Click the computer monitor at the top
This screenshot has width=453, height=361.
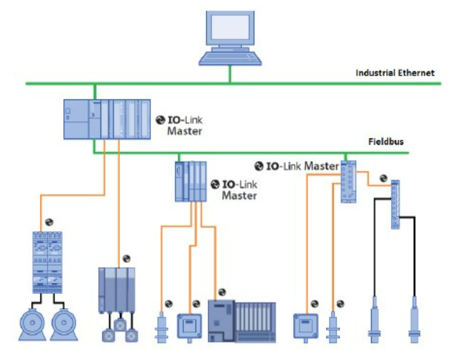[x=230, y=30]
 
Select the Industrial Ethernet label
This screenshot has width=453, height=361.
[x=395, y=73]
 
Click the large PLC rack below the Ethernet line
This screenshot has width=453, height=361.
[x=107, y=119]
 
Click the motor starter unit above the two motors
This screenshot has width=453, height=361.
[x=47, y=262]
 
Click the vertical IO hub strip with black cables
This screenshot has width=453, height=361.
[x=394, y=204]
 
